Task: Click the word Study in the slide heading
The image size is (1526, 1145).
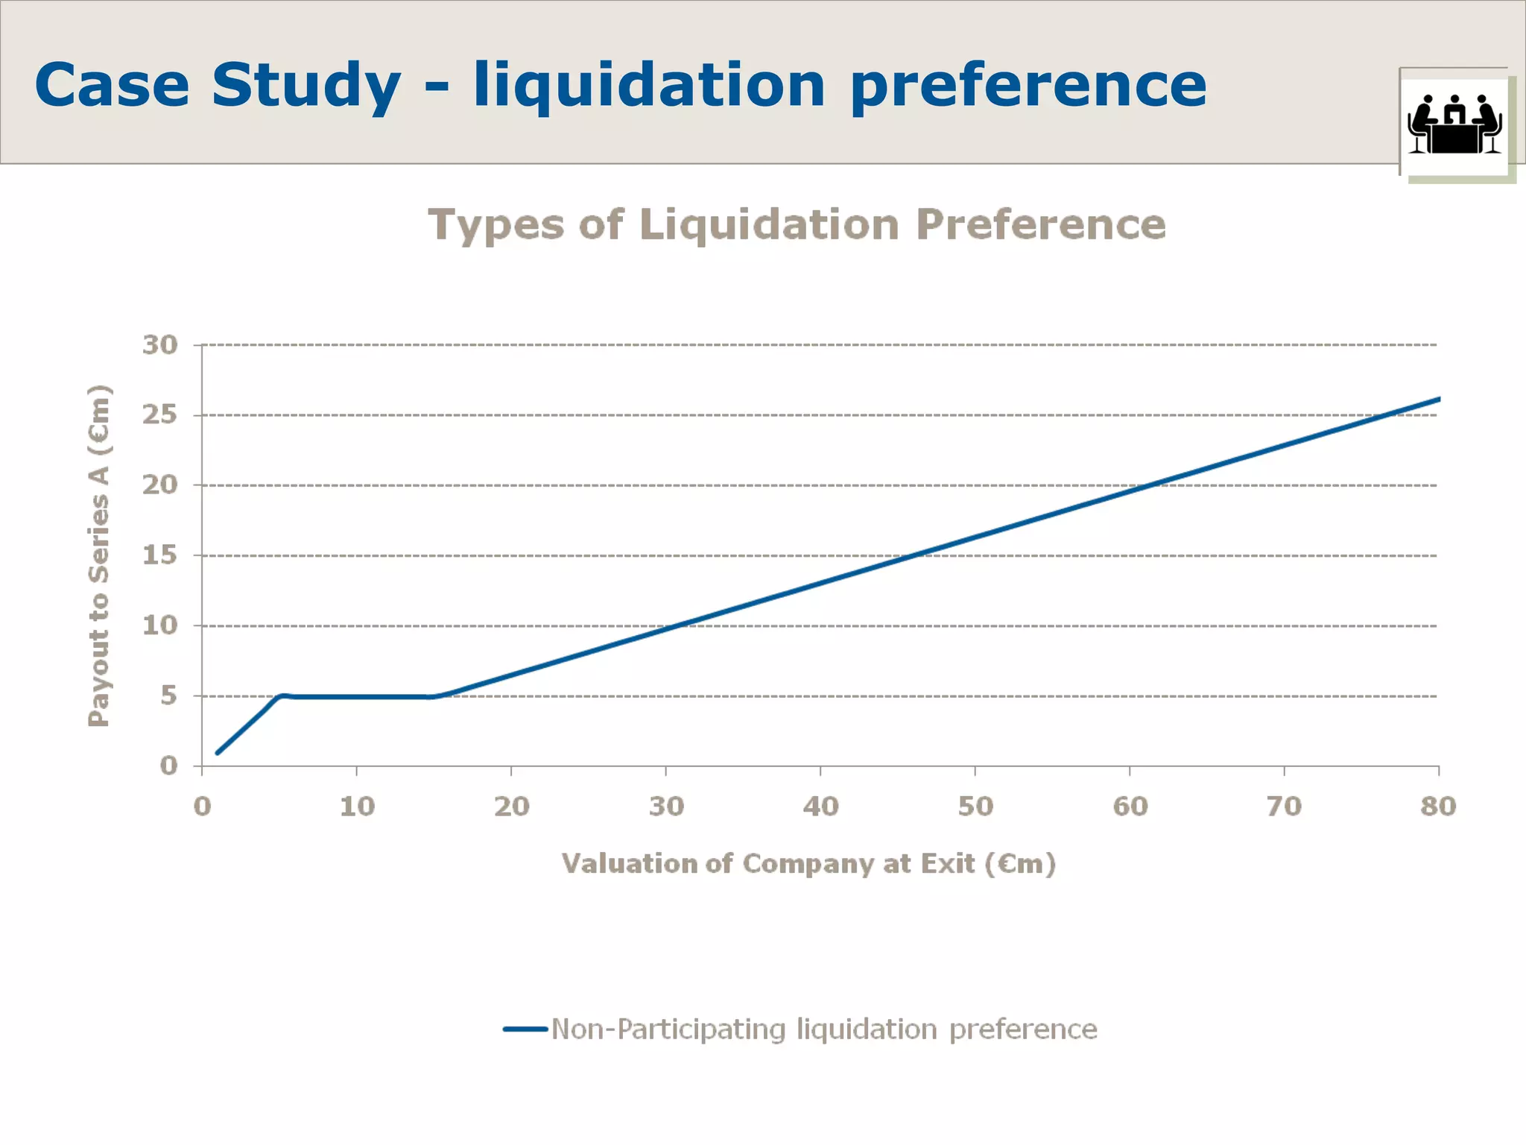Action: [x=305, y=86]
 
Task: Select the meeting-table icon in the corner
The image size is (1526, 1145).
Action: [x=1454, y=124]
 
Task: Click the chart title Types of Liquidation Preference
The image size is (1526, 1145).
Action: [x=797, y=224]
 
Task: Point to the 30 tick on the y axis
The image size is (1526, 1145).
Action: [x=160, y=345]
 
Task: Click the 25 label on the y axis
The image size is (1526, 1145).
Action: [x=160, y=415]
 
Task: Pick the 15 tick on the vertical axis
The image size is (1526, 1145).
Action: [x=160, y=555]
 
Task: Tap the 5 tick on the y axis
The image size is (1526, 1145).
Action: [x=168, y=695]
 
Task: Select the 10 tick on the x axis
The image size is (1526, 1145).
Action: [x=357, y=807]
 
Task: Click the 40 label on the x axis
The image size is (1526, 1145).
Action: [x=820, y=807]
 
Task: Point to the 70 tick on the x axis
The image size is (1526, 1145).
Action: [x=1284, y=807]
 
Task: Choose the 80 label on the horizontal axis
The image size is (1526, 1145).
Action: [x=1438, y=807]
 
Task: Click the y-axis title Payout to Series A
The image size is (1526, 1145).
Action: [x=98, y=555]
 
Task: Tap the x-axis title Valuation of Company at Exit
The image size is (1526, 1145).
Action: [x=808, y=864]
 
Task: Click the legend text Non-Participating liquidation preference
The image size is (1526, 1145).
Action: [x=823, y=1029]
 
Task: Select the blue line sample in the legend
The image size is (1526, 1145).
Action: [x=525, y=1029]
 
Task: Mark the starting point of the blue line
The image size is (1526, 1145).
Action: [x=217, y=753]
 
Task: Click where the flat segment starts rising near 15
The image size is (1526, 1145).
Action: [x=433, y=697]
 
